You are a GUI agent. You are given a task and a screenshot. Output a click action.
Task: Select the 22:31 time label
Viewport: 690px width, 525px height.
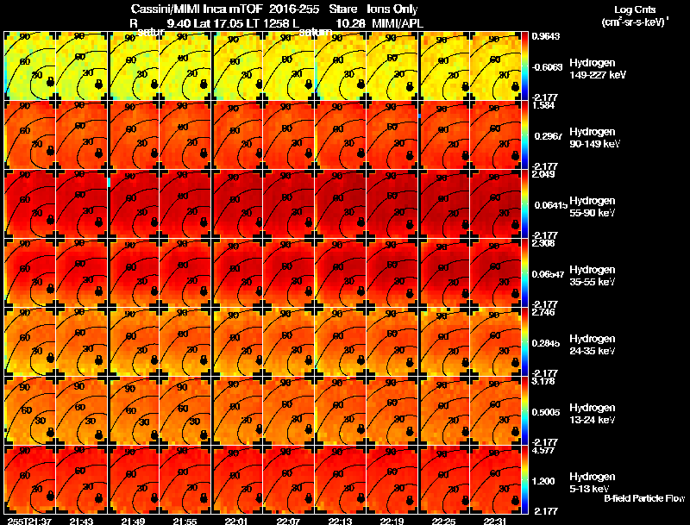point(495,521)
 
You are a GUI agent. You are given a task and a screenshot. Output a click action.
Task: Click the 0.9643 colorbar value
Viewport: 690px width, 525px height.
point(545,36)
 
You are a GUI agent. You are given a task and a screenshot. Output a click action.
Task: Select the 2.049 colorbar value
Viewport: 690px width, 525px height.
point(543,174)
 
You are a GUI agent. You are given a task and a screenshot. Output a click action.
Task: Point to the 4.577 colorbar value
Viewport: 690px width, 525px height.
point(543,450)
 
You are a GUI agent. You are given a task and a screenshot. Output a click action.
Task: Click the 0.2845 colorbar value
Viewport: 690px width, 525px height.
point(545,341)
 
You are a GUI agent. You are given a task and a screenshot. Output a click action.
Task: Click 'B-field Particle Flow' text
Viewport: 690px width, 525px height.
point(644,498)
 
